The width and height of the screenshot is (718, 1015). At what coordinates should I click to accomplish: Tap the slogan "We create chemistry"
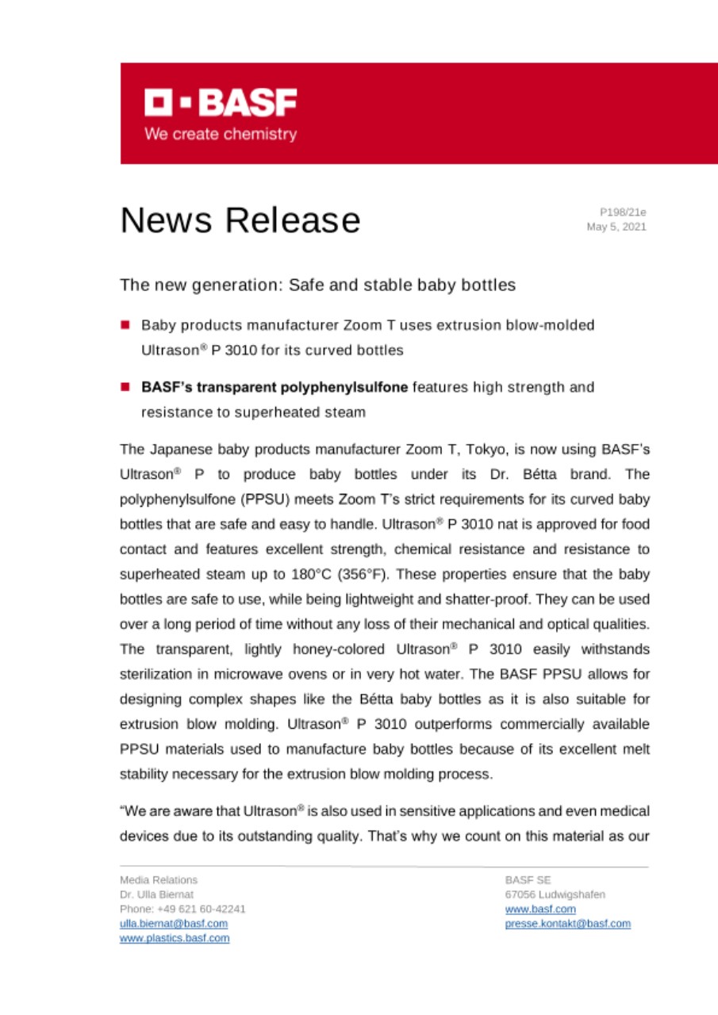pos(221,134)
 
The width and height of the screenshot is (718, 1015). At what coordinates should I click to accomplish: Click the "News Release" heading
pos(240,220)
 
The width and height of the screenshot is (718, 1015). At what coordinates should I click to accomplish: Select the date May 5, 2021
pos(616,227)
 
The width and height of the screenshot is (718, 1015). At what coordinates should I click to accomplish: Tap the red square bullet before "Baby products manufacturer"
pos(125,325)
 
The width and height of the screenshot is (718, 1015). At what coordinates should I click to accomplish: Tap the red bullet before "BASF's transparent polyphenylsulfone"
pos(125,388)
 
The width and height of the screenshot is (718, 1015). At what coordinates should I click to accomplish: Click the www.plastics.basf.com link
pos(175,938)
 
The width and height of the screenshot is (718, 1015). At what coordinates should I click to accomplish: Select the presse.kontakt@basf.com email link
pos(567,924)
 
